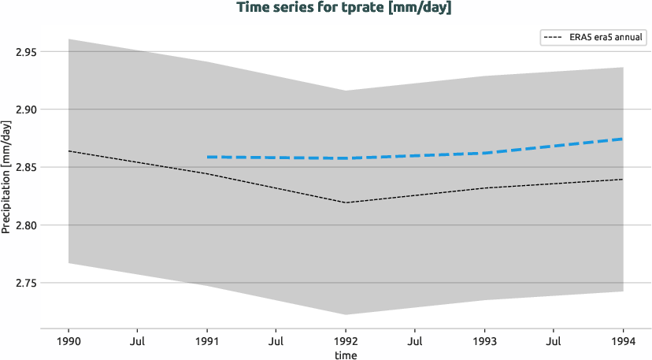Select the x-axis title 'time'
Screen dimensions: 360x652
(346, 356)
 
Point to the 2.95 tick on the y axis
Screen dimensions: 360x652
(28, 52)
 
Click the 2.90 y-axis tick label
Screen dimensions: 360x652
(28, 109)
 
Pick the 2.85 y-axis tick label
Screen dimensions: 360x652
(28, 167)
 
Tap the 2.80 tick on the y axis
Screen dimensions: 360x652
(28, 225)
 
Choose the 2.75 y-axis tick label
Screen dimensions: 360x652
(28, 283)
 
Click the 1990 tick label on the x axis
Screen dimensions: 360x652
(69, 342)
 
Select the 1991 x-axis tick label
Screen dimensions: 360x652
(207, 342)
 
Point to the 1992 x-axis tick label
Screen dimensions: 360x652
(346, 342)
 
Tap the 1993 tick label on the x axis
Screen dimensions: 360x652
(485, 342)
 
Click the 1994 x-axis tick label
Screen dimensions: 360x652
(624, 342)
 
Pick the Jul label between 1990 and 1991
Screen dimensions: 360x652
(138, 342)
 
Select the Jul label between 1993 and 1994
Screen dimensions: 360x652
(554, 342)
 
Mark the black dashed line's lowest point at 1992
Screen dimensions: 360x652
(346, 202)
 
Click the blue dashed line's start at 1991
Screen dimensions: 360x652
(207, 157)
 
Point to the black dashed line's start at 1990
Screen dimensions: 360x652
(69, 150)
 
